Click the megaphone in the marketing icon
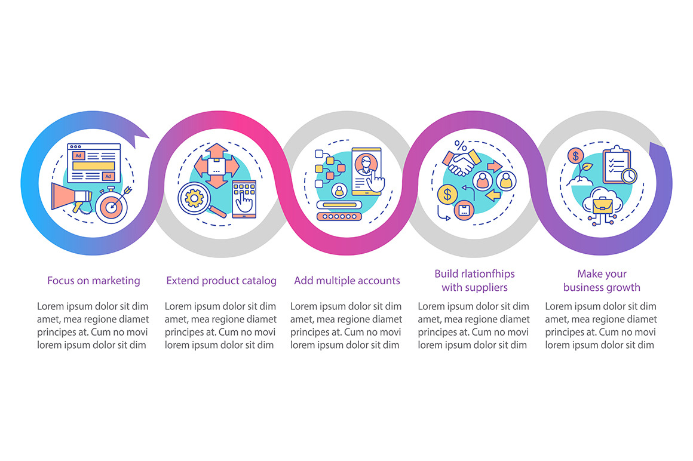click(70, 198)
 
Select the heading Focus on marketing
click(94, 281)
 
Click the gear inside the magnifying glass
click(194, 198)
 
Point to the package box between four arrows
click(216, 167)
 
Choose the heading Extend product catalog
click(222, 281)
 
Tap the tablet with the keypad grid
click(244, 199)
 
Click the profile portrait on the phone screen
click(366, 164)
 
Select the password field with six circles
click(339, 216)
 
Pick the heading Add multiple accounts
click(347, 281)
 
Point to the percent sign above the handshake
click(461, 145)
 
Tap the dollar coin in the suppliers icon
click(447, 194)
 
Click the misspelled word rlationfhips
click(484, 273)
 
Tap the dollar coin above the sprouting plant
click(575, 156)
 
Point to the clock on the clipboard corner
click(629, 176)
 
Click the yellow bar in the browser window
click(94, 166)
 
